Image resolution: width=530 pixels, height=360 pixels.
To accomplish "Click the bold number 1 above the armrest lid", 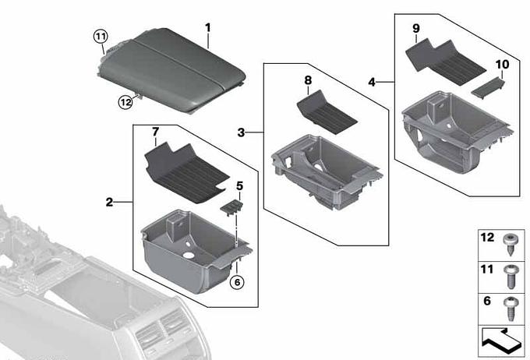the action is (208, 28).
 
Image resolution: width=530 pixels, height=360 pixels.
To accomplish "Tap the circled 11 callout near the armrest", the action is (101, 36).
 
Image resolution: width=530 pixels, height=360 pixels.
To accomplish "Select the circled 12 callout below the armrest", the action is (125, 102).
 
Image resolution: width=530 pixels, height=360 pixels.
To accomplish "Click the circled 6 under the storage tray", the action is (237, 282).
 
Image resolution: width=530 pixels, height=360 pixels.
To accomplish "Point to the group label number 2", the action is (109, 202).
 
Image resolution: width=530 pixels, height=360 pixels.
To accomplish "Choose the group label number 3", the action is (241, 132).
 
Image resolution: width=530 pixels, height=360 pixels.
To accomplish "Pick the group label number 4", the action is (372, 82).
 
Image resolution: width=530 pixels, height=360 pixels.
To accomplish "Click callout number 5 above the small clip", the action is (239, 185).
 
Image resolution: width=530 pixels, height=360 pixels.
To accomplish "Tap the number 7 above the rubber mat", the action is (155, 132).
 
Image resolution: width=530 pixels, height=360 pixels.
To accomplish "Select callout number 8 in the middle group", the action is (308, 80).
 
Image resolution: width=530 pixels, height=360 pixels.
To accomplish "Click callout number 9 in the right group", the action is (415, 29).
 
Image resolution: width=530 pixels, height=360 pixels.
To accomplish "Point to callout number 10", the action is (502, 64).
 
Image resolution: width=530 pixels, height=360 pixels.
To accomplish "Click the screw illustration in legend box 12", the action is (510, 245).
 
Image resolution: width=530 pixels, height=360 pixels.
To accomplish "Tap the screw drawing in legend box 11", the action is (510, 277).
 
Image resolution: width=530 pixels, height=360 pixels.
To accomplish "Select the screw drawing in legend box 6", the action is (510, 309).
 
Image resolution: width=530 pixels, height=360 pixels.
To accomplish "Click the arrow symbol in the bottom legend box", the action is (502, 342).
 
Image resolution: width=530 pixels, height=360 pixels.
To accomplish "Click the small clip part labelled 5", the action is (232, 206).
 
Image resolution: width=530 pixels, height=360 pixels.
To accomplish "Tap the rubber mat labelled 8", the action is (326, 112).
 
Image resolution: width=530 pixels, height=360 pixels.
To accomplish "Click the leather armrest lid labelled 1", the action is (171, 69).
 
